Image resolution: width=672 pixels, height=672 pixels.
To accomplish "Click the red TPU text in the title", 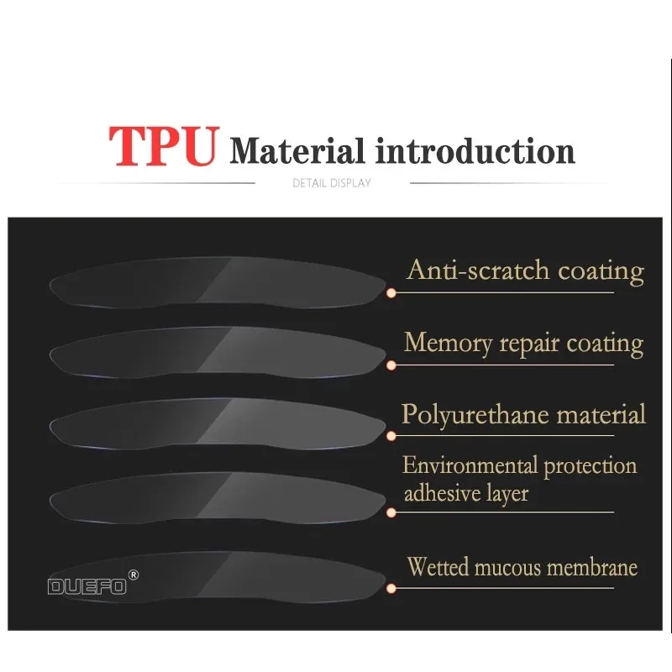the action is point(165,146).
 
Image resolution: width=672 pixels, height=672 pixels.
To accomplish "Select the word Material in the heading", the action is point(297,151).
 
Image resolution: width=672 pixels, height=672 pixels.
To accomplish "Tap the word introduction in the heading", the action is point(475,151).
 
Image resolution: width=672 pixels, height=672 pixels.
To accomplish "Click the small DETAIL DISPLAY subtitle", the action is point(331,182).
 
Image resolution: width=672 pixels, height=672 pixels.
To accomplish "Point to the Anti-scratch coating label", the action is point(525,270).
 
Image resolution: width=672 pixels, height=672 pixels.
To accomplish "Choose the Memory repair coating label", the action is point(523,343).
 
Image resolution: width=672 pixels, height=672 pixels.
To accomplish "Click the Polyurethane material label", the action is point(523,414).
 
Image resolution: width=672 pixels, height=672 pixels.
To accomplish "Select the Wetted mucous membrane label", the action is point(522,567).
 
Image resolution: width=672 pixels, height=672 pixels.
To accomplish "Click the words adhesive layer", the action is point(466,493).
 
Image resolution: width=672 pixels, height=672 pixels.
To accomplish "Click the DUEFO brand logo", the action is point(87,586).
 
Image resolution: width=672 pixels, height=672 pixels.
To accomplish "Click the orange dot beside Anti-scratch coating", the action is point(391,292).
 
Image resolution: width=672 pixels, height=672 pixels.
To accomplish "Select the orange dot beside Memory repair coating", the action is point(391,365).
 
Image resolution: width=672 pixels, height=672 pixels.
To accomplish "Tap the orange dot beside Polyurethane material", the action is point(391,437).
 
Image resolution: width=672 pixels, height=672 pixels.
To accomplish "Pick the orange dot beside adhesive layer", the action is point(391,512).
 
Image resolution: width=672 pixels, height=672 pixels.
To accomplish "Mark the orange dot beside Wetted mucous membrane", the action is point(391,588).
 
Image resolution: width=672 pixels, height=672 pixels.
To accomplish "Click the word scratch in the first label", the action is point(496,270).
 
